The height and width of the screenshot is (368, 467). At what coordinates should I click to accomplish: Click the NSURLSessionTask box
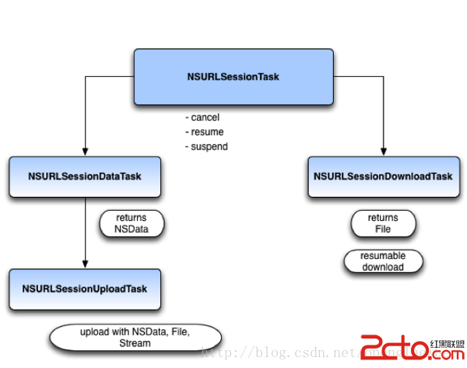[x=233, y=77]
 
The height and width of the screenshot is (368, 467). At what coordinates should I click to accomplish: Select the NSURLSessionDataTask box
[x=84, y=177]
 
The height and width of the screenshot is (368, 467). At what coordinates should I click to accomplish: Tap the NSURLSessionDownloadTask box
[x=383, y=177]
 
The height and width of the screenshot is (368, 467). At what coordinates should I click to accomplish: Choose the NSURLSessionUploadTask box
[x=84, y=289]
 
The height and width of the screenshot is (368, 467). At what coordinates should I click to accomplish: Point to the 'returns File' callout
[x=382, y=223]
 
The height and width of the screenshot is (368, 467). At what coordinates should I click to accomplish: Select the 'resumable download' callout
[x=382, y=261]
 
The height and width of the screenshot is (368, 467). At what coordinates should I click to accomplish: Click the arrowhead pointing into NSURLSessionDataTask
[x=84, y=152]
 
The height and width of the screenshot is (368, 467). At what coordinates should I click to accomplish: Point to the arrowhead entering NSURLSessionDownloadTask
[x=384, y=152]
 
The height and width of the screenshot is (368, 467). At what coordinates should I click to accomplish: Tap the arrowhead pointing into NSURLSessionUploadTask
[x=84, y=265]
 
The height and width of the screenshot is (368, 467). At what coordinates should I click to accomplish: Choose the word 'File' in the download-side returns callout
[x=382, y=230]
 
